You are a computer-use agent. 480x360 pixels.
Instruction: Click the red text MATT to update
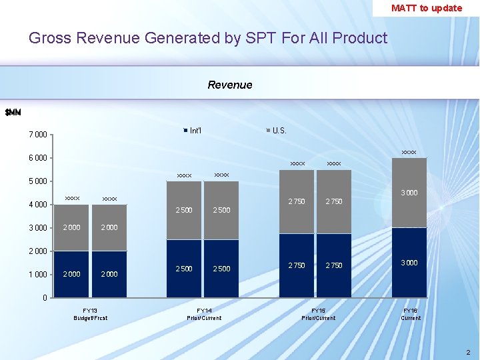(426, 8)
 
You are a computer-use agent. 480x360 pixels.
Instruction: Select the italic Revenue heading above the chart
(230, 85)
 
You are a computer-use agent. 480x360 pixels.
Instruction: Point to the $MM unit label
(13, 112)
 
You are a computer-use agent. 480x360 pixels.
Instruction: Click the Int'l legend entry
(193, 130)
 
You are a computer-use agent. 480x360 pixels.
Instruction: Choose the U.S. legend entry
(277, 130)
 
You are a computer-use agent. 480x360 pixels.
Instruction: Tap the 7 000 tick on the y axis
(37, 135)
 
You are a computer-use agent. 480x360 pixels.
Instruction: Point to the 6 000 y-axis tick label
(37, 158)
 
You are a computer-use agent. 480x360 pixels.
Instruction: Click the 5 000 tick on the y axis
(37, 181)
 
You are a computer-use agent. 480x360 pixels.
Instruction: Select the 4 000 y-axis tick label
(37, 205)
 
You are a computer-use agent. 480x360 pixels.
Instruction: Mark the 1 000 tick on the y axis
(37, 275)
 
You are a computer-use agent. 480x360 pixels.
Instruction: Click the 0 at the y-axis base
(45, 298)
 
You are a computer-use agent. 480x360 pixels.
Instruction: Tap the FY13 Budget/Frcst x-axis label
(90, 314)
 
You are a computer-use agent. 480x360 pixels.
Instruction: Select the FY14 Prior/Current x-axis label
(204, 314)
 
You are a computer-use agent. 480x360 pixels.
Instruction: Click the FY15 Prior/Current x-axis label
(318, 314)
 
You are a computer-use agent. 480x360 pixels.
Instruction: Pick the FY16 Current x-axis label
(410, 314)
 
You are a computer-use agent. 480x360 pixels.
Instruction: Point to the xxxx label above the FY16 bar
(409, 153)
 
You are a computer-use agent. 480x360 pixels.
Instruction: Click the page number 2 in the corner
(468, 352)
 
